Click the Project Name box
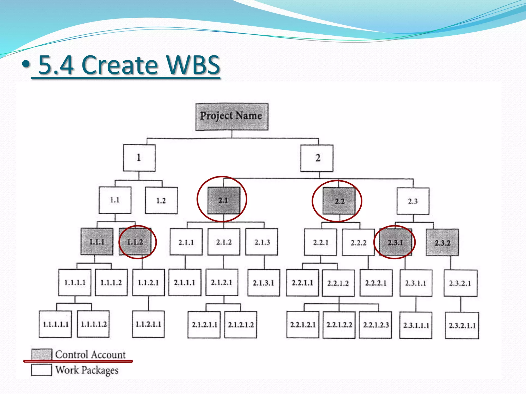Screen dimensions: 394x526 232,117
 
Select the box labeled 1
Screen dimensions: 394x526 139,158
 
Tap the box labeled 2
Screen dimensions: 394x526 317,158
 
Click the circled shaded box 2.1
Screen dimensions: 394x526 224,200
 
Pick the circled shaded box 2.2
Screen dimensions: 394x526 339,201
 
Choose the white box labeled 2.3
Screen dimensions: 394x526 413,201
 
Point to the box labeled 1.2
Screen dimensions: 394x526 161,201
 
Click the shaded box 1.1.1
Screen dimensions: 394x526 97,242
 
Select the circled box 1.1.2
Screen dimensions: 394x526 135,242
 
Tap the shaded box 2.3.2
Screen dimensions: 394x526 442,243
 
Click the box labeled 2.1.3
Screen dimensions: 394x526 262,242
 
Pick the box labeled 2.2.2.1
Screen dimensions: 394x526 376,283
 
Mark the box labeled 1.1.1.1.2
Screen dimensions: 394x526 93,324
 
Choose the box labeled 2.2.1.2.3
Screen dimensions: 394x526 375,325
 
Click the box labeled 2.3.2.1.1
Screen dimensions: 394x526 462,326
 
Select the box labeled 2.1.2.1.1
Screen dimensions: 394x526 204,325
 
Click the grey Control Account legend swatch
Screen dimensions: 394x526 42,354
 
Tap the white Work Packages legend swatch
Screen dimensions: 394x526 41,370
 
